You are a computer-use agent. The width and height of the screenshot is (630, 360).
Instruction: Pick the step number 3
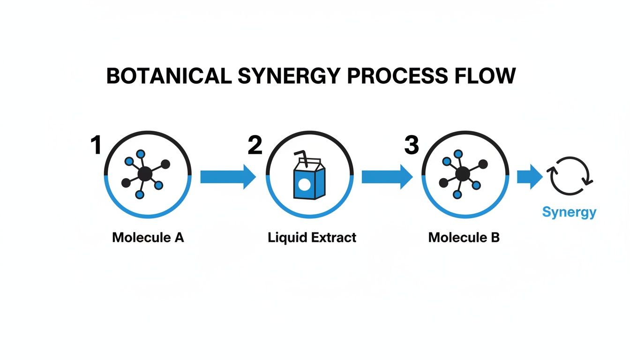tap(411, 145)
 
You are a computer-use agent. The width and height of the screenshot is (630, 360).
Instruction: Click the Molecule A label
tap(148, 238)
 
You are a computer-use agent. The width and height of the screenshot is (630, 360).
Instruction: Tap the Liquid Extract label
tap(312, 238)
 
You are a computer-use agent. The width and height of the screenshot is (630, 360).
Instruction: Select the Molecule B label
tap(464, 238)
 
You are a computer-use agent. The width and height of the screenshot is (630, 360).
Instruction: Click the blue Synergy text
tap(569, 212)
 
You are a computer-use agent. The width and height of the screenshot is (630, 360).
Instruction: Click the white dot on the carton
tap(304, 186)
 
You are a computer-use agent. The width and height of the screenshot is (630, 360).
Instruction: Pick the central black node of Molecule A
tap(145, 174)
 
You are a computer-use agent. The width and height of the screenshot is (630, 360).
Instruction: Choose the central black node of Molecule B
tap(462, 174)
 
